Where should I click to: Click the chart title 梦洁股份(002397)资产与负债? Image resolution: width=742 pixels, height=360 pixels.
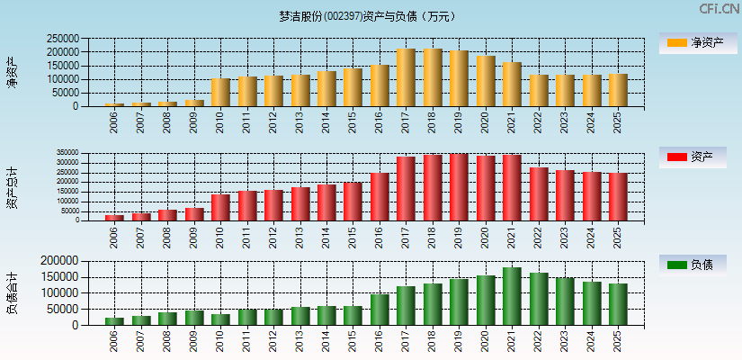pos(368,16)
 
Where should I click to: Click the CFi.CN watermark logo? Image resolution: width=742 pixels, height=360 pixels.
pos(720,9)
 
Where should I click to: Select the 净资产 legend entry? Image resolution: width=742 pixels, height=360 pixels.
pos(693,42)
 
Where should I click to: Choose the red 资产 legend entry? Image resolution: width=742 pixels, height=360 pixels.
pos(693,157)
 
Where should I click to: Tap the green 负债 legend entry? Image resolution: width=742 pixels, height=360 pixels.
pos(693,265)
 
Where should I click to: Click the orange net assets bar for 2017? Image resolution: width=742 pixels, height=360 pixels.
pos(406,77)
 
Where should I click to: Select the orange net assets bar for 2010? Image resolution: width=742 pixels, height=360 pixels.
pos(220,93)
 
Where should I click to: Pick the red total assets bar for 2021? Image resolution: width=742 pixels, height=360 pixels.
pos(512,187)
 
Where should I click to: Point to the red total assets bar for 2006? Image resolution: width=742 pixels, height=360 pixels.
pos(114,217)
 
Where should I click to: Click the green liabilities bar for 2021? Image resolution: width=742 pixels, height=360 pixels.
pos(512,296)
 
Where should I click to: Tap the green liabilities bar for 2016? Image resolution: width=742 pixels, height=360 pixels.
pos(380,310)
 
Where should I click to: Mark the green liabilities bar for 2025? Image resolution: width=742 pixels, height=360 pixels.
pos(618,304)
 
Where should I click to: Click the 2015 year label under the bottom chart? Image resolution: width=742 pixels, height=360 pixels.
pos(353,341)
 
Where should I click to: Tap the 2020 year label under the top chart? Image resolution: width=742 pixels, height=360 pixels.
pos(486,122)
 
